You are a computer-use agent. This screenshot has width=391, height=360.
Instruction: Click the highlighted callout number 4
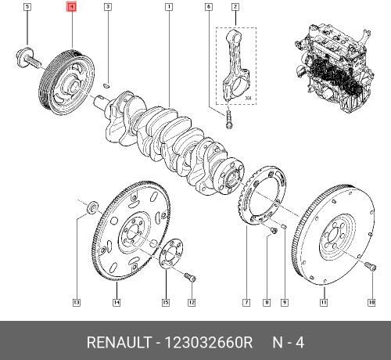point(71,7)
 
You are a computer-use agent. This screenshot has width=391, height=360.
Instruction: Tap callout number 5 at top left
point(27,7)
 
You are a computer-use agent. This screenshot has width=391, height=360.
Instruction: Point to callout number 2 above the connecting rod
point(235,7)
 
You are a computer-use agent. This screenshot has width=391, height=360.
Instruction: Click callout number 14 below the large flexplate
point(116,301)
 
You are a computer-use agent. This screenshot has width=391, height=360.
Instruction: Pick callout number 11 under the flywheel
point(324,301)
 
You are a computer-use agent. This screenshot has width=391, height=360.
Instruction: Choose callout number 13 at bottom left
point(76,301)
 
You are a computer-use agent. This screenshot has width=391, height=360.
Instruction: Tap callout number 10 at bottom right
point(371,301)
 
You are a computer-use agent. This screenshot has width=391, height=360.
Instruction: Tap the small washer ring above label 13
point(91,207)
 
